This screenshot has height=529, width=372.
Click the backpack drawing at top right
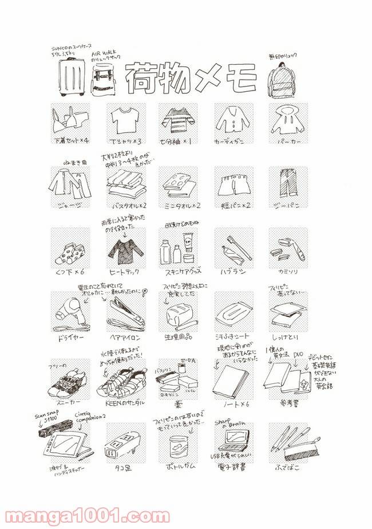pos(282,79)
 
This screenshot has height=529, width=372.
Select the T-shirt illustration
pos(125,121)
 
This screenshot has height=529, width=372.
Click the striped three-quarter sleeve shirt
pos(178,120)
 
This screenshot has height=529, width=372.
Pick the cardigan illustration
pos(231,120)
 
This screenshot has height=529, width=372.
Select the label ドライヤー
pos(71,339)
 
